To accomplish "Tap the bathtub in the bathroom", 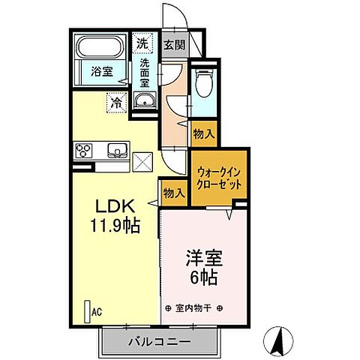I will tap(102, 49).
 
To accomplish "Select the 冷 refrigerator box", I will tap(117, 100).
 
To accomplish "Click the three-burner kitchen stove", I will tap(83, 150).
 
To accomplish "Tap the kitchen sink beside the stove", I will tap(116, 148).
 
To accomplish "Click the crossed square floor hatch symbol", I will tap(143, 160).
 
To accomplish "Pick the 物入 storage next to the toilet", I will tap(203, 134).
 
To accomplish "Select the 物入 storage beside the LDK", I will tap(173, 193).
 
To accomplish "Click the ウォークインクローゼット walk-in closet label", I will tap(218, 176).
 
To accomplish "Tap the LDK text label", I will tap(113, 205).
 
